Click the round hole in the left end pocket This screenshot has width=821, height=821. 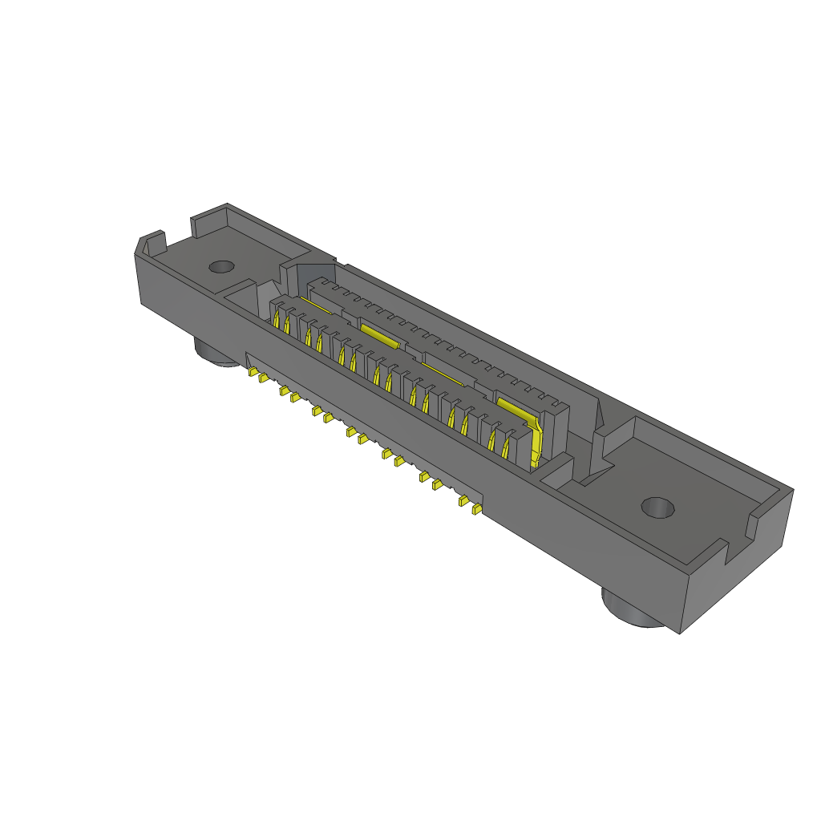tap(220, 267)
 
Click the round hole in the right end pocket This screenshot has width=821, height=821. tap(658, 507)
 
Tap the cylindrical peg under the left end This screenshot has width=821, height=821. tap(214, 353)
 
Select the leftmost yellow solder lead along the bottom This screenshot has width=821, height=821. tap(252, 372)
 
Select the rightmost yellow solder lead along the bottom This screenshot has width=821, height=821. tap(477, 509)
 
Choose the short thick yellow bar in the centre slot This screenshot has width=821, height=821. tap(379, 334)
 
